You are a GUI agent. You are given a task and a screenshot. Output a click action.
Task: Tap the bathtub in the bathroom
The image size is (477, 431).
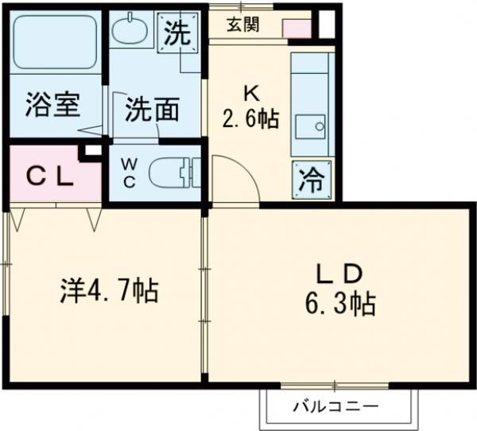point(54,42)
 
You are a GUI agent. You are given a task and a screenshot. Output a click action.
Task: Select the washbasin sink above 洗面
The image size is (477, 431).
point(128,33)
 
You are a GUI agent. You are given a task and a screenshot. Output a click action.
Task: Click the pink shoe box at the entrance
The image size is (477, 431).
point(297,29)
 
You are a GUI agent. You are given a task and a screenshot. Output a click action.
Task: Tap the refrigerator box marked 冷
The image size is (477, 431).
point(311,180)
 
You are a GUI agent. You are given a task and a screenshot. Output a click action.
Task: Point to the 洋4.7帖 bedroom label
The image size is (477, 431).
point(109,290)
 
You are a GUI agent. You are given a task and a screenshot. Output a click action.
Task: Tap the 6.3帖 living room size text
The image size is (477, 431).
point(341,303)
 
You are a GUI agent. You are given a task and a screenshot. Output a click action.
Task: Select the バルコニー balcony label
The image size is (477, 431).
point(335,408)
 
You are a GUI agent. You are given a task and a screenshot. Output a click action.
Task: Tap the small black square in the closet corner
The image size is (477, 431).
point(92,150)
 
